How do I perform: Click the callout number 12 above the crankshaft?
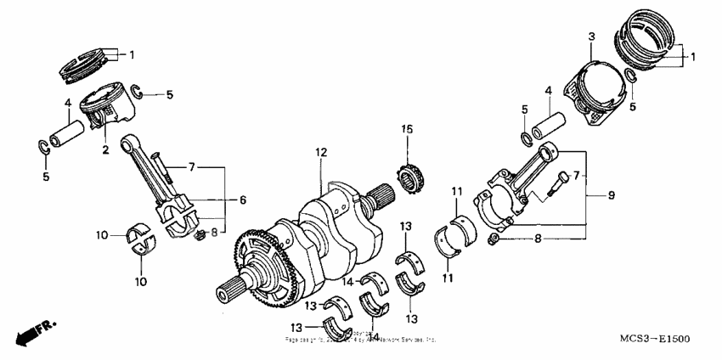coord(321,152)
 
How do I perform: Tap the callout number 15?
coord(407,129)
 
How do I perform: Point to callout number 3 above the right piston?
coord(590,37)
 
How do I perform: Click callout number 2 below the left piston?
coord(105,150)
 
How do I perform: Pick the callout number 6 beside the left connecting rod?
coord(242,200)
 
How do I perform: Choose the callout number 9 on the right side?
coord(610,194)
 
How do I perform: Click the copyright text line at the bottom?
coord(361,338)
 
